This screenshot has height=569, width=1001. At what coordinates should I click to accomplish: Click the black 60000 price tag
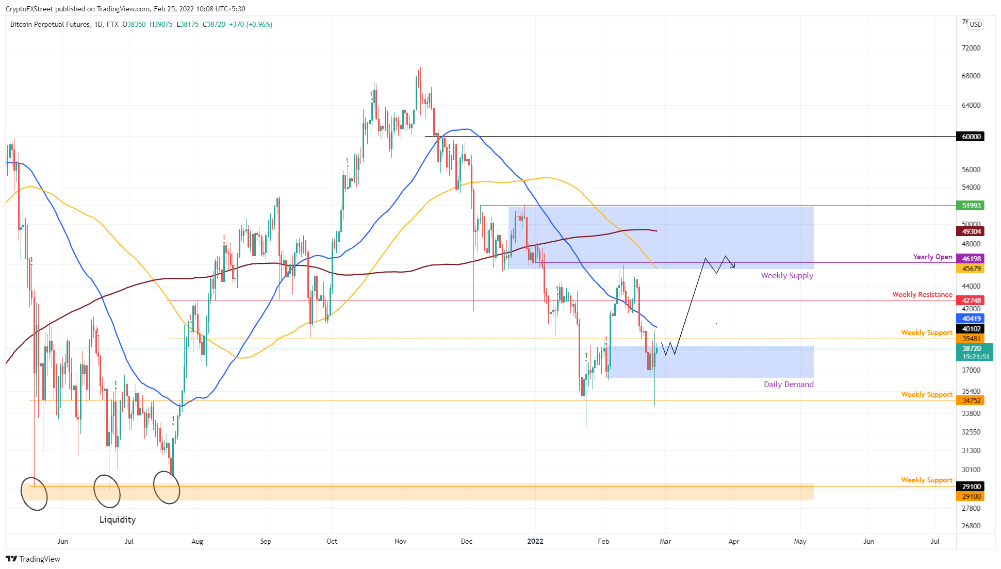pos(971,137)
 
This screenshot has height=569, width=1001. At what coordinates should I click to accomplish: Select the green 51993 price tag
pos(971,206)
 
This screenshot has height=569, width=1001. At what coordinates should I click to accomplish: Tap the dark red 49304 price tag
pos(971,231)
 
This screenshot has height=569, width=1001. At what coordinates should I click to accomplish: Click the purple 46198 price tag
pos(971,258)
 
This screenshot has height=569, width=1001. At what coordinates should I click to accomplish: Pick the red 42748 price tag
pos(971,300)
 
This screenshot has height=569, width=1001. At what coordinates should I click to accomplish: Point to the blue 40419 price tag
pos(971,319)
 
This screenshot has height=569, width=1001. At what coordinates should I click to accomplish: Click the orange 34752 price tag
pos(971,400)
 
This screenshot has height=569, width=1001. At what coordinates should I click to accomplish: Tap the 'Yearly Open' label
pos(932,257)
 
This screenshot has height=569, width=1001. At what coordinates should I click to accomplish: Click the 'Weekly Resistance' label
pos(922,294)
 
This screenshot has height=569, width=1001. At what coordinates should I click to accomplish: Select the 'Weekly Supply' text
pos(786,276)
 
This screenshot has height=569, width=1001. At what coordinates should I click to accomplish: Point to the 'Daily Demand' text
pos(789,384)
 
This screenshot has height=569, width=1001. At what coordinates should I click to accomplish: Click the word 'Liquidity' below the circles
pos(118,520)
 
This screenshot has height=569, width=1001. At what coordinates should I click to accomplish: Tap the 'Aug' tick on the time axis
pos(197,541)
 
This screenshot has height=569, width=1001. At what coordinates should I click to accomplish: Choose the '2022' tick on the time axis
pos(535,541)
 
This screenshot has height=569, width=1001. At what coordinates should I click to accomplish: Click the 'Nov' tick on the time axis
pos(400,541)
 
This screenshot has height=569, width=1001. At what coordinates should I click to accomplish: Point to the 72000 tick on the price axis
pos(971,48)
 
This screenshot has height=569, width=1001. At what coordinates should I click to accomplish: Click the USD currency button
pos(976,24)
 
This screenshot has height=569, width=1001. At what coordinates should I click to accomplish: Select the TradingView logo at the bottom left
pos(33,559)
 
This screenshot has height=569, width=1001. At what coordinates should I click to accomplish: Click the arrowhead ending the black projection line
pos(733,266)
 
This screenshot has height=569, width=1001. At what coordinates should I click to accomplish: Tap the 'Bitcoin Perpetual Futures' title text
pos(50,24)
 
